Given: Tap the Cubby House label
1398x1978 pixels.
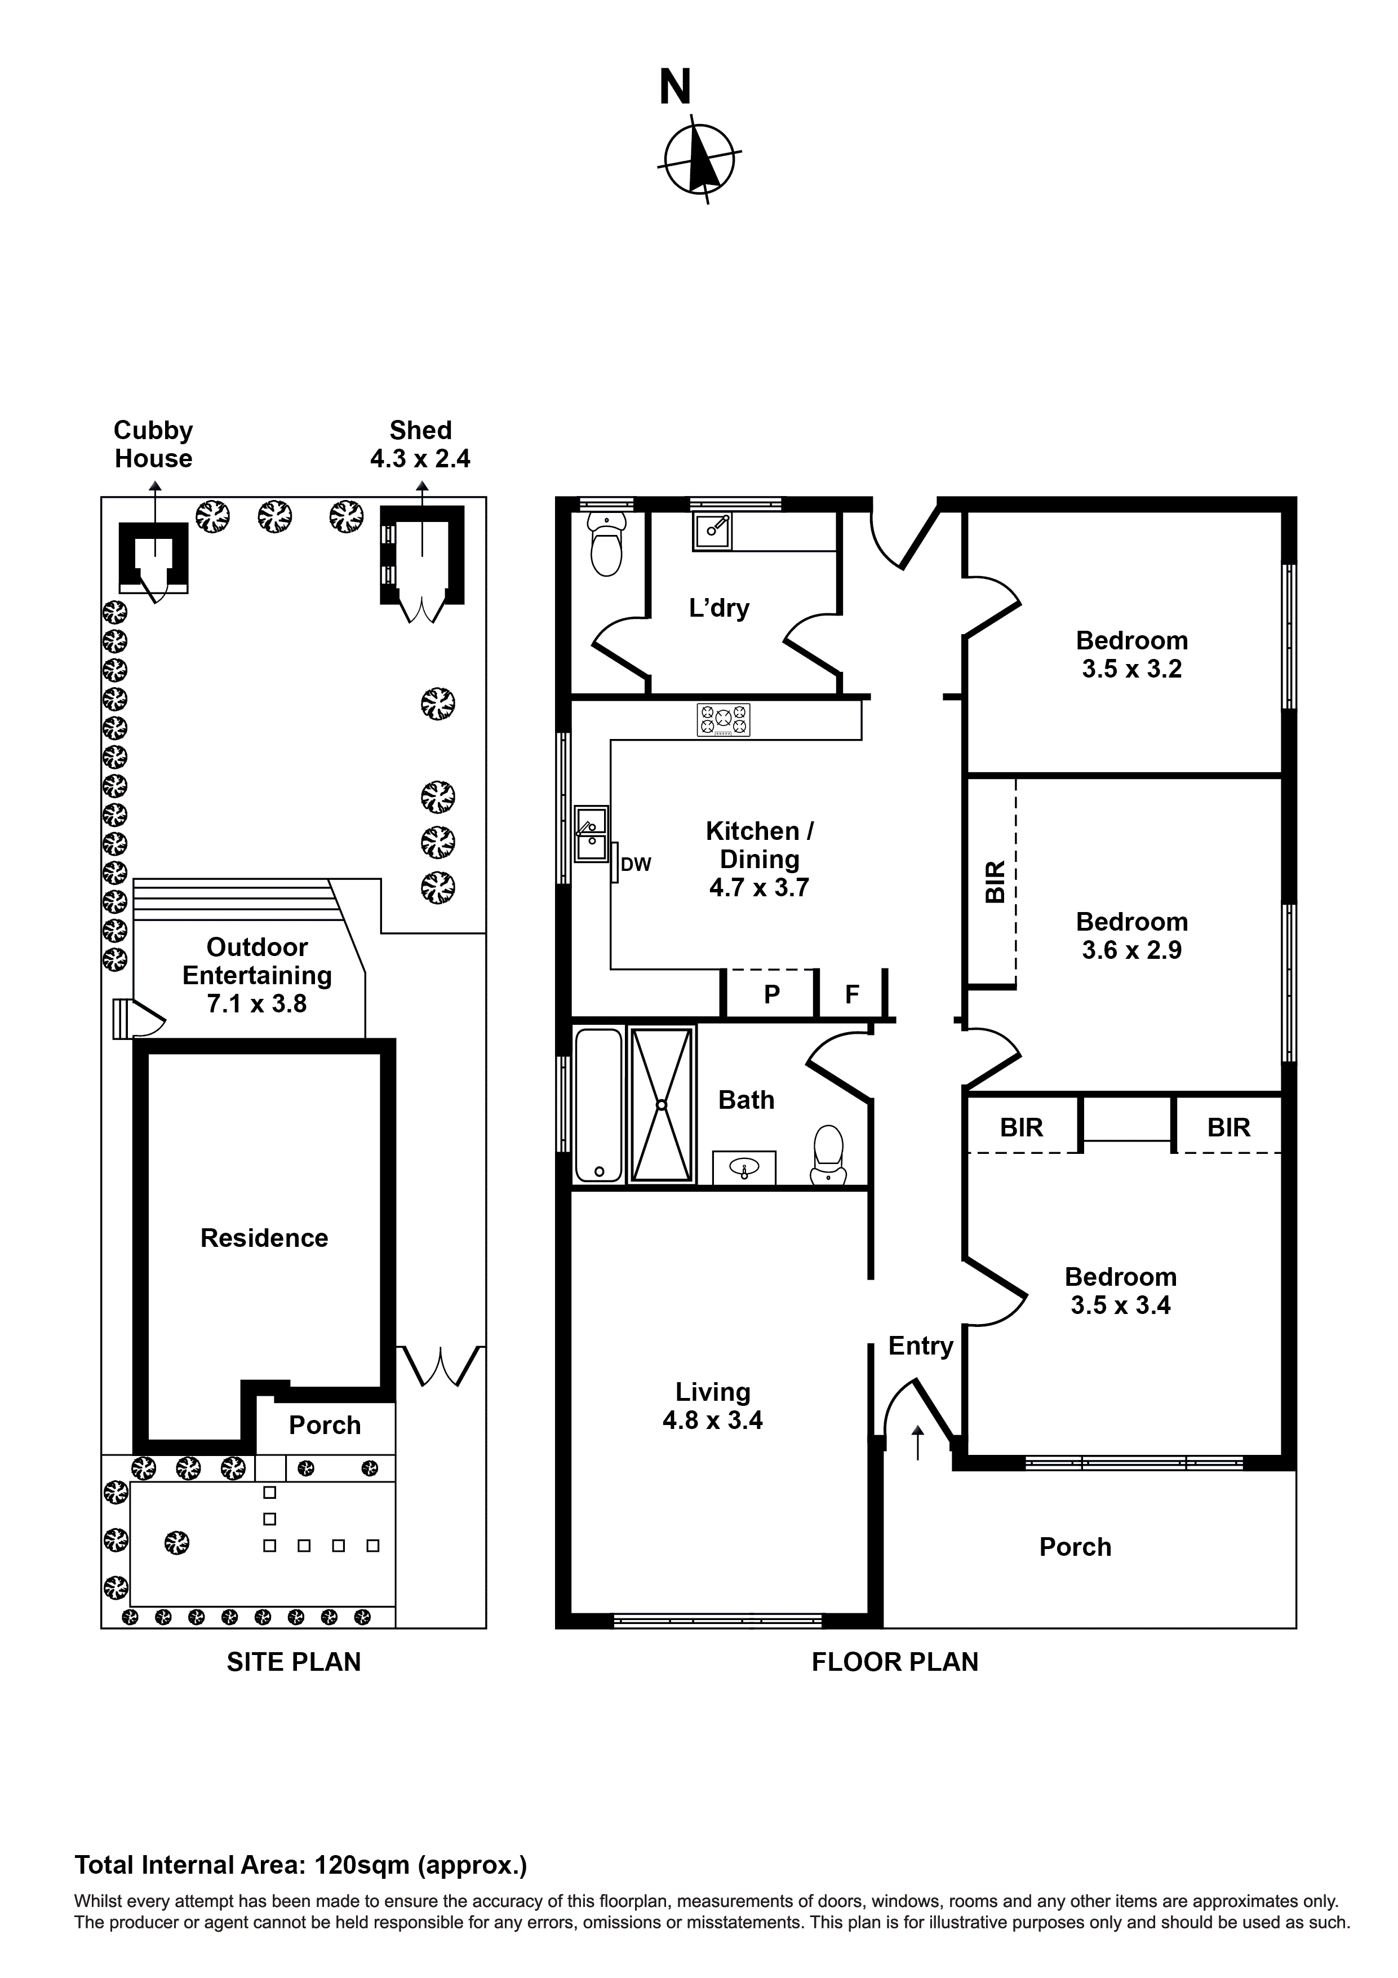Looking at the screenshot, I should click(153, 445).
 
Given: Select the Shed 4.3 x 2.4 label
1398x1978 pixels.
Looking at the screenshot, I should click(420, 445).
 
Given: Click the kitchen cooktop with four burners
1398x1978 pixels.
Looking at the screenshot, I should click(724, 720).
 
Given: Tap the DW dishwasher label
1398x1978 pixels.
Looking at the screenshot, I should click(636, 865).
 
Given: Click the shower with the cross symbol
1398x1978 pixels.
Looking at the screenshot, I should click(662, 1104).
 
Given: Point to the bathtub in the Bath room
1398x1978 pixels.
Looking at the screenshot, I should click(598, 1104).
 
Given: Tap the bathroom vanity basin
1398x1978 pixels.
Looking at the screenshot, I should click(743, 1168).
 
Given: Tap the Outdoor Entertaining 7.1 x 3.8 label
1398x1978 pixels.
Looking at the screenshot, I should click(257, 975).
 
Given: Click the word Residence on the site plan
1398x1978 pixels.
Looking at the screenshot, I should click(264, 1238).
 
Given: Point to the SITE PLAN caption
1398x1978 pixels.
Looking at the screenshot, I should click(294, 1662).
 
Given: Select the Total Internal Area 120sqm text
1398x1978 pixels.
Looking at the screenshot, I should click(300, 1865).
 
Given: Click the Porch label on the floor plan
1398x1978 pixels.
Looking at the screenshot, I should click(1075, 1547).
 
